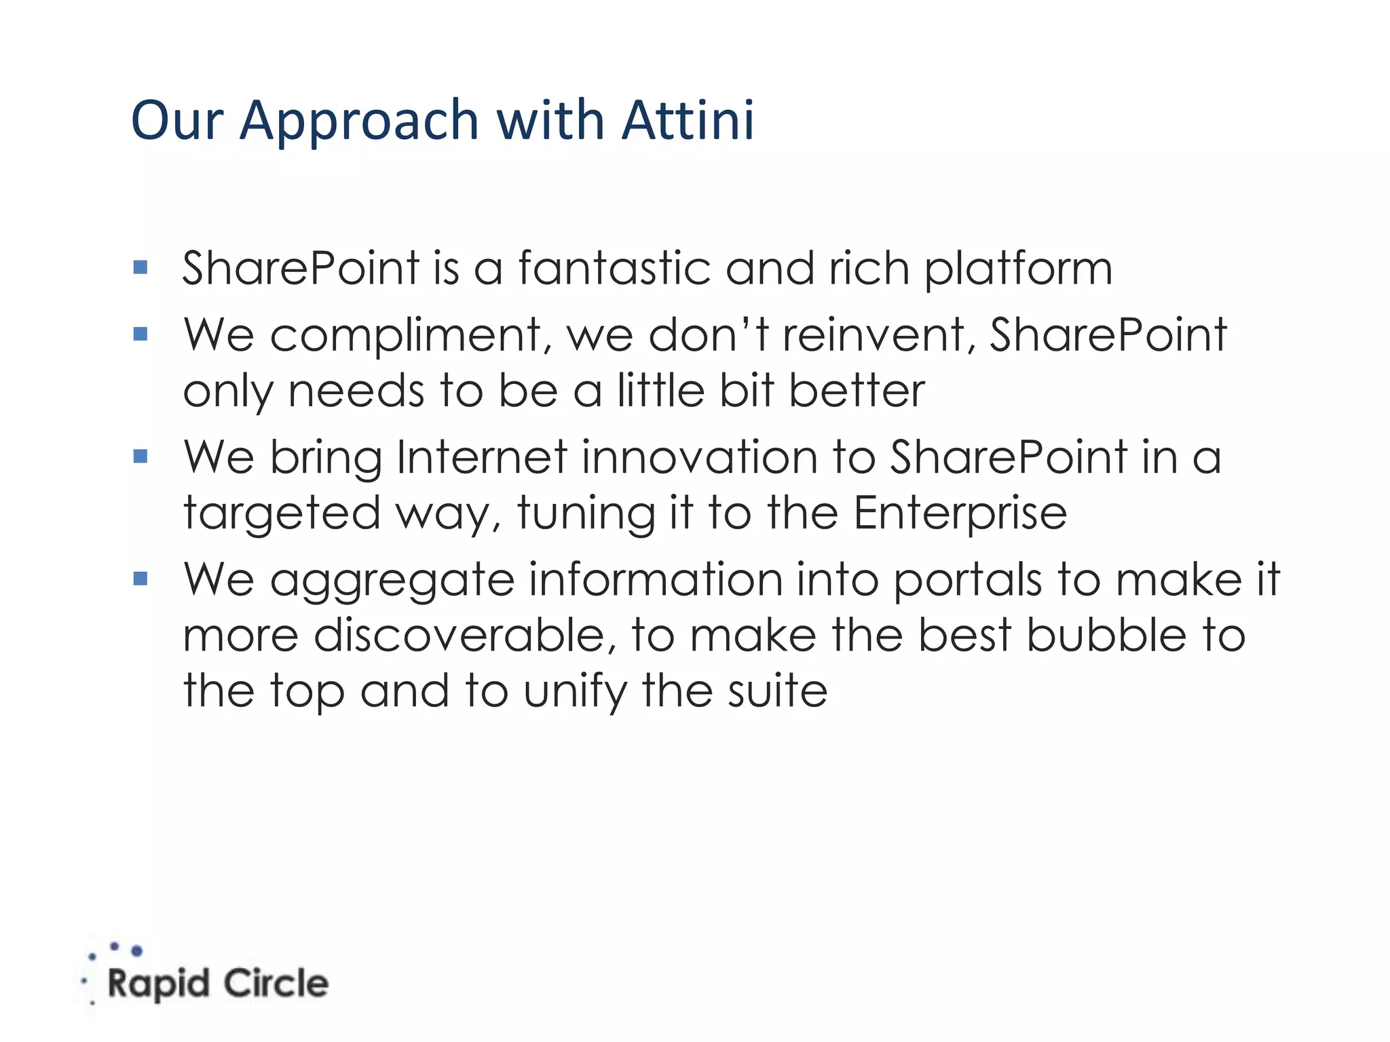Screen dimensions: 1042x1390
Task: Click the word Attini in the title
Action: coord(688,121)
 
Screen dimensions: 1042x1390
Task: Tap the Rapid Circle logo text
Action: coord(217,984)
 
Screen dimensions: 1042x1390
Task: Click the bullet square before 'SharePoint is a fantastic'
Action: coord(140,267)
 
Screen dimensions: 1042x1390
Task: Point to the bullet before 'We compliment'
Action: coord(140,334)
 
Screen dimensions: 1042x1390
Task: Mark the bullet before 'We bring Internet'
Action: coord(140,456)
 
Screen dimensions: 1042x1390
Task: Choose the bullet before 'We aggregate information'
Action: coord(140,579)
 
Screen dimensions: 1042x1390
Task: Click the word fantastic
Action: coord(614,268)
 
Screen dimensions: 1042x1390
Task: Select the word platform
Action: coord(1018,269)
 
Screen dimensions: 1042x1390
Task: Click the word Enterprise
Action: coord(960,514)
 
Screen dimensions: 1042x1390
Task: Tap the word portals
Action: coord(967,580)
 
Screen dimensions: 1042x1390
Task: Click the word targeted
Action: coord(282,514)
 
